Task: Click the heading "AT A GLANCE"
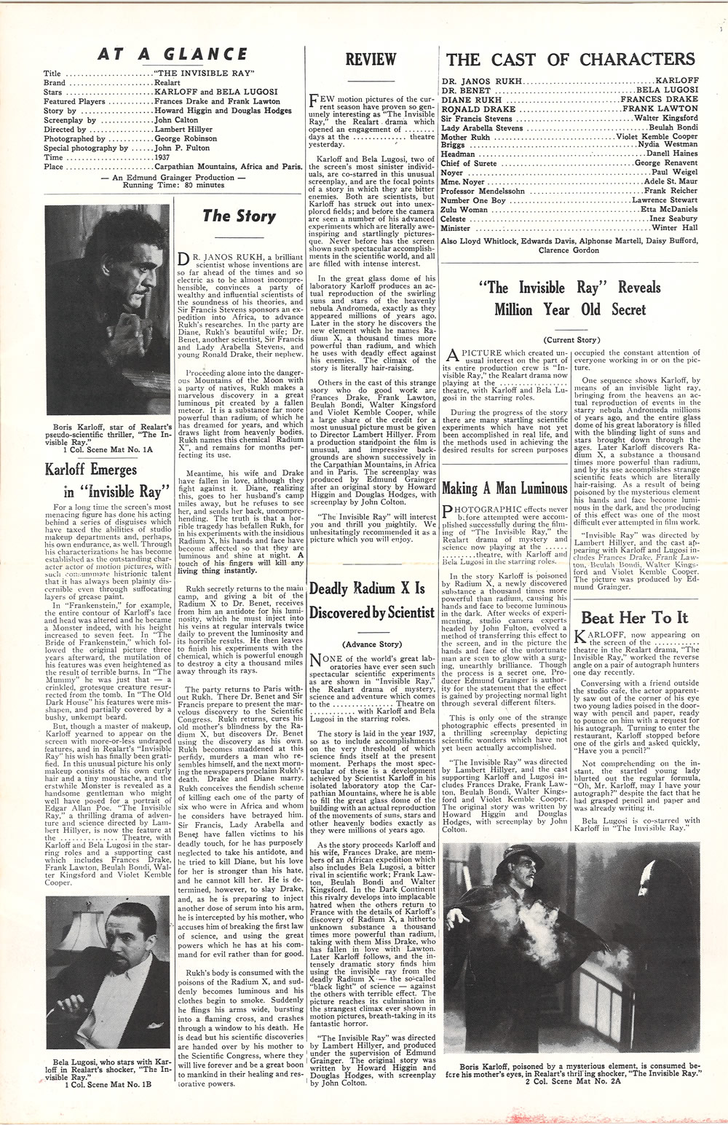coord(173,54)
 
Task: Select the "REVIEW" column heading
coord(371,60)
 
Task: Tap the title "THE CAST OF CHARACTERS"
coord(570,59)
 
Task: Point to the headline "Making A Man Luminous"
coord(505,488)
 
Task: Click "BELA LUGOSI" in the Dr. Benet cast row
coord(667,90)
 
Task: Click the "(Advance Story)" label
coord(371,644)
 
